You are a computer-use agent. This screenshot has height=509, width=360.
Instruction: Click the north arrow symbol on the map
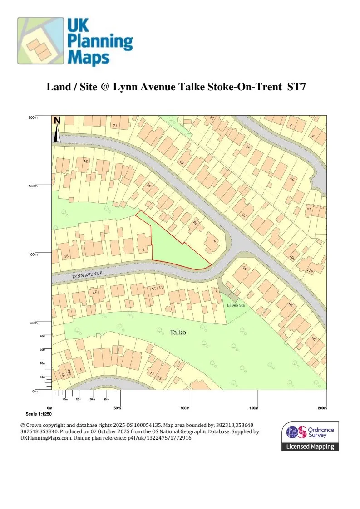point(57,130)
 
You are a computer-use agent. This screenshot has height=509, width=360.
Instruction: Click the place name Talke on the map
point(178,333)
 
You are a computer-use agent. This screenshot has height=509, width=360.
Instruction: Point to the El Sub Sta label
point(236,306)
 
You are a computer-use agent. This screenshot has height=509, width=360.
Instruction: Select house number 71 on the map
point(115,125)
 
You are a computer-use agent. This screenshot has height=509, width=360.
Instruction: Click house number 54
point(85,161)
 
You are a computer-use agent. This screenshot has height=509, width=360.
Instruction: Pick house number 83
point(182,162)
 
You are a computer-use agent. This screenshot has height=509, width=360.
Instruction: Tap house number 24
point(248,147)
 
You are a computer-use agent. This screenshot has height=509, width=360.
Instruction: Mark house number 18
point(309,209)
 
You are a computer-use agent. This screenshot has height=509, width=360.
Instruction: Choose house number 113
point(310,271)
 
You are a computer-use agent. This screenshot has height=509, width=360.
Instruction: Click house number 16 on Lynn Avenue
point(66,256)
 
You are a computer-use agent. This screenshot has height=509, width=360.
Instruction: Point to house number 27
point(95,292)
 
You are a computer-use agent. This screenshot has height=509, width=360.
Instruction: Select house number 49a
point(69,372)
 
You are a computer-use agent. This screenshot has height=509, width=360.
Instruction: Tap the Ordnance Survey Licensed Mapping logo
point(310,436)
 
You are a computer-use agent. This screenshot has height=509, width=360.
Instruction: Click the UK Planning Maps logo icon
point(40,40)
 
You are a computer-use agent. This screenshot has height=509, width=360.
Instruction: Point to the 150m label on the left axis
point(33,186)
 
